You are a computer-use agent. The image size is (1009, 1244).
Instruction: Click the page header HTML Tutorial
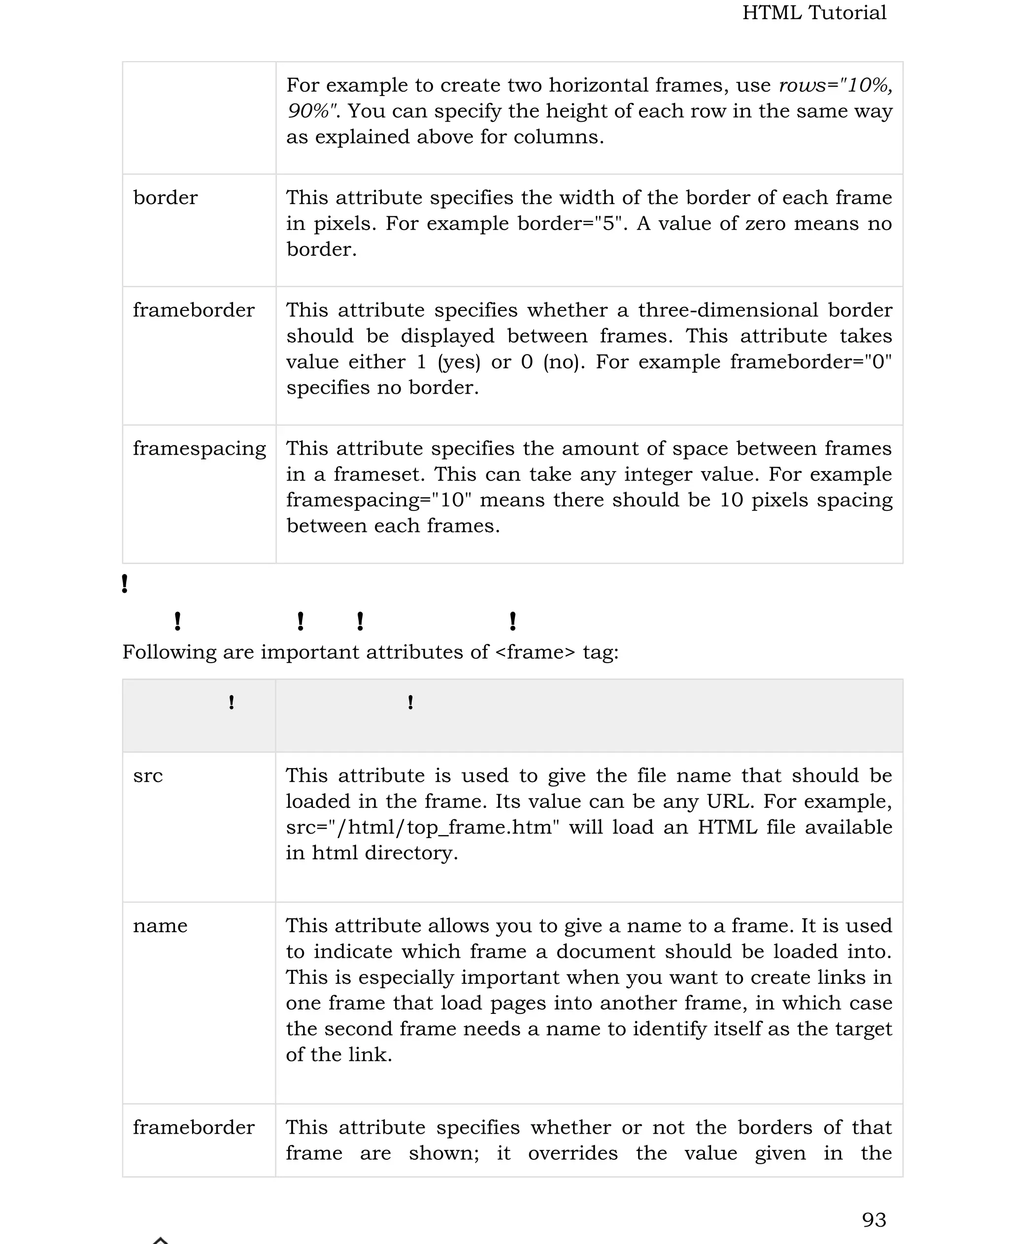[x=814, y=13]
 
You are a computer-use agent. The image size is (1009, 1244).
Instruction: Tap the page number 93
[x=874, y=1219]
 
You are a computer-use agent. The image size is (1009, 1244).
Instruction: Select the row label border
[x=165, y=198]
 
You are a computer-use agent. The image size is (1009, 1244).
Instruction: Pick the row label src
[x=148, y=775]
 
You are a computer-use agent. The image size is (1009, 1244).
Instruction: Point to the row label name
[x=160, y=925]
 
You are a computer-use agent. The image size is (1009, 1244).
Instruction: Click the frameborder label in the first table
[x=194, y=310]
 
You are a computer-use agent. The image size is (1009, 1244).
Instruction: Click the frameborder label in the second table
[x=194, y=1127]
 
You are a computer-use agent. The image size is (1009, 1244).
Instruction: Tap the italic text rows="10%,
[x=835, y=85]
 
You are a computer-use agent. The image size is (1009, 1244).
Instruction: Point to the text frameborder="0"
[x=811, y=362]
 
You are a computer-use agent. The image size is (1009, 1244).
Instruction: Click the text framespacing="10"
[x=378, y=500]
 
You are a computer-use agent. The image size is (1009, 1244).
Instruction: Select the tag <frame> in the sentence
[x=535, y=652]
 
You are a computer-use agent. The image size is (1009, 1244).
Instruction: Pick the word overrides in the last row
[x=572, y=1153]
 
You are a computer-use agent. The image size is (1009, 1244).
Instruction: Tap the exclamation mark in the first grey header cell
[x=232, y=703]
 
